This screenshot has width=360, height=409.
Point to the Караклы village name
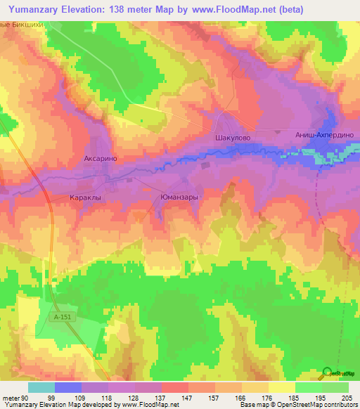[x=85, y=198]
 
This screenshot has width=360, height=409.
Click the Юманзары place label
[x=179, y=197]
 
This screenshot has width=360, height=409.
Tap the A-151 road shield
[x=63, y=318]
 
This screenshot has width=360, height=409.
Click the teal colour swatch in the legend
[x=41, y=387]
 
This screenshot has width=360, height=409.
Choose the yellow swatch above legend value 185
[x=281, y=387]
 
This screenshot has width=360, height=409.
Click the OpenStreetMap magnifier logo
[x=327, y=373]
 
